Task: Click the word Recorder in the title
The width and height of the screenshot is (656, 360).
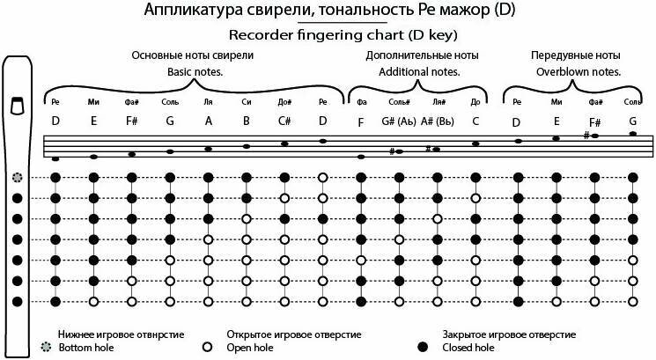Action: tap(257, 36)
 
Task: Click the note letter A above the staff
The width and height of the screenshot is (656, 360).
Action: tap(209, 121)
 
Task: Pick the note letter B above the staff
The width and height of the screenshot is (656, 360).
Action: tap(247, 121)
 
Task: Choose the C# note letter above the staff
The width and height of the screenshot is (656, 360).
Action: tap(284, 121)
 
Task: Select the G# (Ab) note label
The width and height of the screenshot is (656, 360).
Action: tap(399, 121)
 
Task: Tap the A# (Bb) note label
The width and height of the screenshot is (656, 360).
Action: tap(437, 121)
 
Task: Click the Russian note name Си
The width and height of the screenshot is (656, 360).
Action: tap(247, 102)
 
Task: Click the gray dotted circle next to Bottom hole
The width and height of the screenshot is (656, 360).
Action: tap(46, 348)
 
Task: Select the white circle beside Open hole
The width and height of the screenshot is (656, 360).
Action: tap(208, 348)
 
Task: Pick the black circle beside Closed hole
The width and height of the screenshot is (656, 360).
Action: tap(423, 348)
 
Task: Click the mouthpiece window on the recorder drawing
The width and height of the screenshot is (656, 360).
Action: tap(16, 107)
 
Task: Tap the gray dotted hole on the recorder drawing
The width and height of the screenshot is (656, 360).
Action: tap(17, 177)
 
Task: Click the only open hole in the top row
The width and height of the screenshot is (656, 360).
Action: tap(323, 177)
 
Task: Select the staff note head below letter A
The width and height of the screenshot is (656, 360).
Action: tap(209, 149)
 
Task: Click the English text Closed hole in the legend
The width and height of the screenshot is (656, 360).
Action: tap(461, 348)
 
